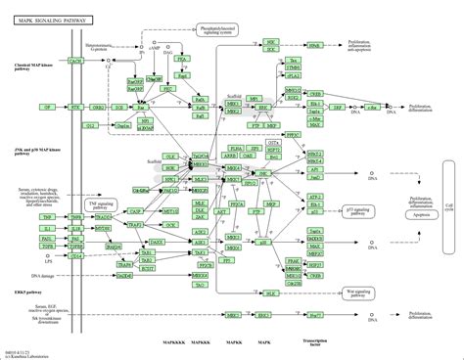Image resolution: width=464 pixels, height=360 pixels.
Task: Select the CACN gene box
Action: pyautogui.click(x=74, y=62)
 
